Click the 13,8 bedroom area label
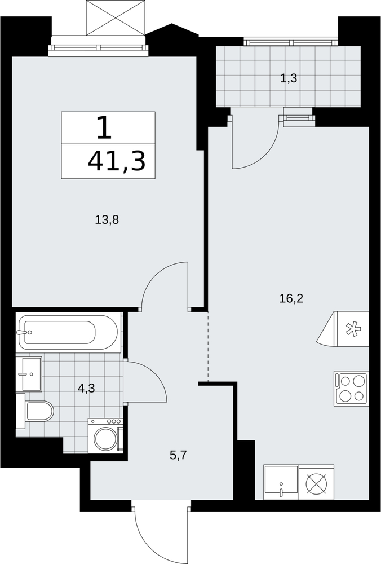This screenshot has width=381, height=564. point(107,219)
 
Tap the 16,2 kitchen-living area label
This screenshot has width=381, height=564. point(291,298)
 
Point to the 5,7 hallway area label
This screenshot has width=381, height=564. point(178,456)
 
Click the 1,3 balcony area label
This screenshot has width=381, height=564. point(289,78)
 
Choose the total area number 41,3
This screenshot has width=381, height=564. point(117,161)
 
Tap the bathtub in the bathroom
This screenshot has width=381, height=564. point(68,332)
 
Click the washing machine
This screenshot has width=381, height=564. point(105,436)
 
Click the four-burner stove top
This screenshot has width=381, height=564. point(351,389)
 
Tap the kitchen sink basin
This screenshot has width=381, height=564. point(281,482)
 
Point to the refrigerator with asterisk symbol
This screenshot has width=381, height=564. point(343,329)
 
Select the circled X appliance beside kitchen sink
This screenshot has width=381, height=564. point(317,482)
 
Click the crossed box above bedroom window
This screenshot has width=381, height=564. point(116,17)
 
